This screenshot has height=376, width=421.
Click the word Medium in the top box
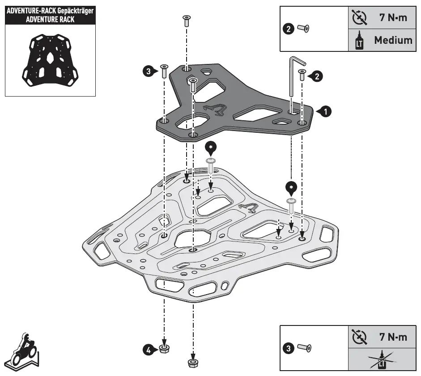(393, 40)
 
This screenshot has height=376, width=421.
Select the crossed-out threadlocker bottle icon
(358, 360)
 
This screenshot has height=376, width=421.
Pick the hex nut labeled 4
(164, 349)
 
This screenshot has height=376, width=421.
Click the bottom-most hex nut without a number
(193, 363)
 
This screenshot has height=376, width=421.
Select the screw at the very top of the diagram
(187, 21)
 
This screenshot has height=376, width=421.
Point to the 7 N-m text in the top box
(393, 18)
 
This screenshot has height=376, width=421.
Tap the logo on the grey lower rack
(249, 208)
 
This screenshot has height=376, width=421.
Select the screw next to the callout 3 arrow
(164, 71)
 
